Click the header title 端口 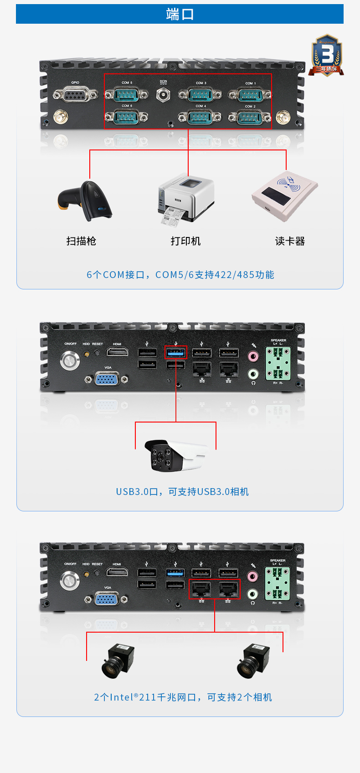tap(180, 14)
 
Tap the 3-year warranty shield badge tap(326, 55)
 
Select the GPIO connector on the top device tap(75, 95)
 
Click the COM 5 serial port tap(126, 95)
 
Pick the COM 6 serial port tap(126, 117)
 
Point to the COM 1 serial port tap(250, 95)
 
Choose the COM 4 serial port tap(200, 117)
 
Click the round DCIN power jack tap(163, 95)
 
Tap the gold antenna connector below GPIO tap(59, 117)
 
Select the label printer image tap(185, 199)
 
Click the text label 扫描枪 tap(81, 241)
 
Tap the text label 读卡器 tap(290, 241)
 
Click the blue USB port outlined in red tap(175, 352)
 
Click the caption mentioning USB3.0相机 tap(182, 492)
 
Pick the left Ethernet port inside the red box tap(201, 589)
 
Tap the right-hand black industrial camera tap(253, 660)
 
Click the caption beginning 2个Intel tap(183, 697)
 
